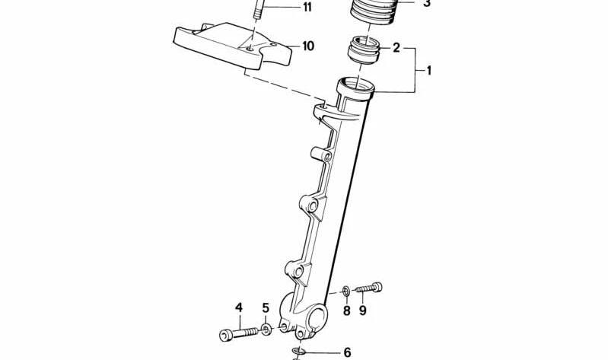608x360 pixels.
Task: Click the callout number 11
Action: tap(285, 8)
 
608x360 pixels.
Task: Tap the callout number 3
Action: tap(426, 4)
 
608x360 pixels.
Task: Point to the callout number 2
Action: tap(396, 49)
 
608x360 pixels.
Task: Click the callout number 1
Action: tap(428, 71)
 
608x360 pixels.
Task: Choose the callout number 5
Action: tap(266, 308)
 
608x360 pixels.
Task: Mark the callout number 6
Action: tap(347, 352)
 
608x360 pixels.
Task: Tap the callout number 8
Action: tap(346, 310)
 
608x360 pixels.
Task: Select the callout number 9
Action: tap(363, 310)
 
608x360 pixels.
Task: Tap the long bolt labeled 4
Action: tap(239, 333)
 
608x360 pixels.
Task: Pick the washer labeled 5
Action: tap(266, 329)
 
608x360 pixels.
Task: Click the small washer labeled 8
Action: tap(346, 290)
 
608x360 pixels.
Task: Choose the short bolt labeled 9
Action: tap(368, 288)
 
